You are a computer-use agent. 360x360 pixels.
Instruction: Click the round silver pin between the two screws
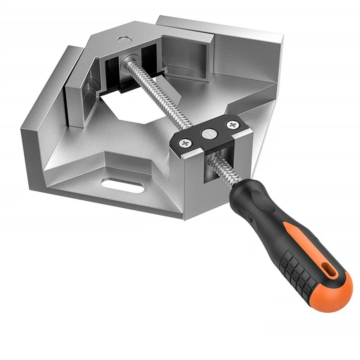(x=208, y=133)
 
